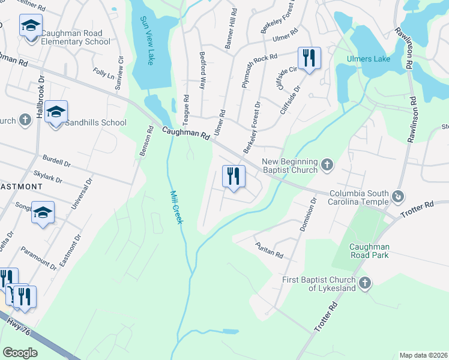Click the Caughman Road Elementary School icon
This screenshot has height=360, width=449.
click(30, 27)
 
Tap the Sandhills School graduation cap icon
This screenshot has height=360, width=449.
click(56, 112)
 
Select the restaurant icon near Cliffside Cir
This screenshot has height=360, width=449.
click(309, 58)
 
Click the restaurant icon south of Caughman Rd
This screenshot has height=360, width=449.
click(234, 176)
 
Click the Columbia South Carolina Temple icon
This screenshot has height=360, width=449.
click(397, 196)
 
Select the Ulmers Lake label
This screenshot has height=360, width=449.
click(369, 59)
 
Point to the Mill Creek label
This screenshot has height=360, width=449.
click(176, 207)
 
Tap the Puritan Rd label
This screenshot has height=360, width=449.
click(269, 251)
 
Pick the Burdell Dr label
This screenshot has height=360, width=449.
click(56, 162)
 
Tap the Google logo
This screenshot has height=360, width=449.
click(20, 352)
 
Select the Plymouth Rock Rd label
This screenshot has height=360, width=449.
click(259, 71)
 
